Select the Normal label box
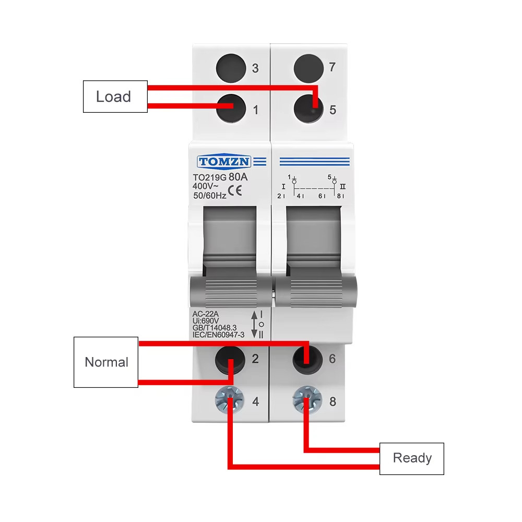[106, 362]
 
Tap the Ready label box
[411, 458]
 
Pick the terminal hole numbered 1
[230, 108]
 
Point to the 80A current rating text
[238, 177]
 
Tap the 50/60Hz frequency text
[210, 196]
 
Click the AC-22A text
[206, 313]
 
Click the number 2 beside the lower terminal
[255, 359]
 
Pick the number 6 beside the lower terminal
[333, 359]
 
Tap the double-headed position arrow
[254, 324]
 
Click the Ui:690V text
[206, 320]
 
